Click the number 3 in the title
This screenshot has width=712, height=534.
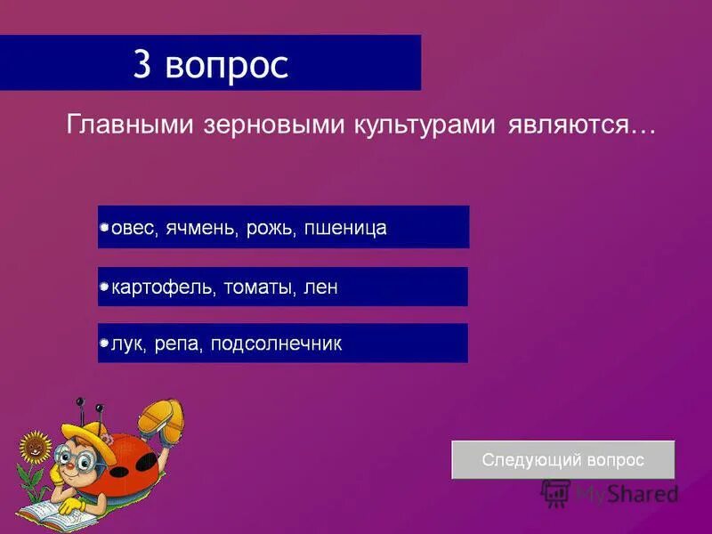(142, 64)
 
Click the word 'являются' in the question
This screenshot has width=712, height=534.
(570, 125)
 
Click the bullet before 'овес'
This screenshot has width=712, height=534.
(104, 229)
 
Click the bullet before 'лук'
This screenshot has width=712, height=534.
(104, 344)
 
